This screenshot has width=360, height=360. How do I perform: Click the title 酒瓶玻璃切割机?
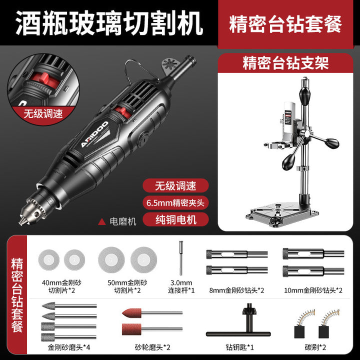(109, 23)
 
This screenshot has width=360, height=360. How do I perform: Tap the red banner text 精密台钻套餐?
(285, 24)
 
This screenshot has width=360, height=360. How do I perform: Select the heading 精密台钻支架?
(285, 62)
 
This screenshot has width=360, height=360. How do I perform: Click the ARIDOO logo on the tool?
(94, 134)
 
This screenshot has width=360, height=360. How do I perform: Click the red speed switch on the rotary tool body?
(122, 112)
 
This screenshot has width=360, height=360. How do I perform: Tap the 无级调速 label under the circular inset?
(43, 113)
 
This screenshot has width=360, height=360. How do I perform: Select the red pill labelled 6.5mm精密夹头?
(175, 202)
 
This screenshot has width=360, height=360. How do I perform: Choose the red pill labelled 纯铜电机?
(175, 219)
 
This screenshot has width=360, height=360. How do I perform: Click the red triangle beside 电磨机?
(101, 222)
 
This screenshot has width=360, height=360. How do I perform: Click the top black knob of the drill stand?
(305, 92)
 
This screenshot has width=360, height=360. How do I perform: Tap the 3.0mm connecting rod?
(181, 258)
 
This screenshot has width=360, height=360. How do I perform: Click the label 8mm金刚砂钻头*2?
(236, 290)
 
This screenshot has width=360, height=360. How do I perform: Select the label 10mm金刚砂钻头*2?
(313, 290)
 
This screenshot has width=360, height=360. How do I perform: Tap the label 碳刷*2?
(315, 347)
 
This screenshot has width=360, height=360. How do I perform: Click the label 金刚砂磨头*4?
(69, 347)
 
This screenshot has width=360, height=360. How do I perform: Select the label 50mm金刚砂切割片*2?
(127, 286)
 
